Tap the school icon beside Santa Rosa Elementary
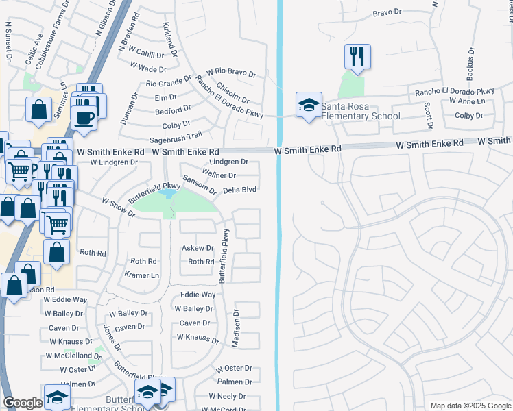(x=309, y=105)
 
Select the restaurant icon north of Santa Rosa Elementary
(x=356, y=56)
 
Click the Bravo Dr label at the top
(x=386, y=12)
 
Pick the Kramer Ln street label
(x=141, y=275)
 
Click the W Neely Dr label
(x=227, y=396)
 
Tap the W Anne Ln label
(x=467, y=101)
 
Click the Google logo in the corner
(x=23, y=403)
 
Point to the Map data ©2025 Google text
(x=469, y=406)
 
